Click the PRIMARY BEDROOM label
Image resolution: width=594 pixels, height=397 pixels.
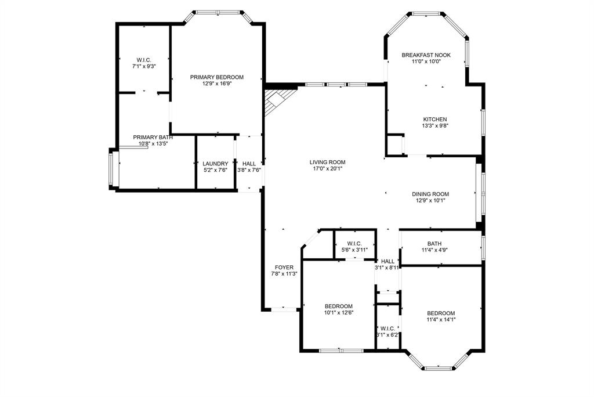tap(217, 77)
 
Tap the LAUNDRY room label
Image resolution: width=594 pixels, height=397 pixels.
tap(215, 164)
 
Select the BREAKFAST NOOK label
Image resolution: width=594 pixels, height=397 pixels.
tap(426, 55)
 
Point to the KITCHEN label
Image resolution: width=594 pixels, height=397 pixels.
tap(435, 120)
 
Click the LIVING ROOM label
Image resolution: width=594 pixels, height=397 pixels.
tap(328, 163)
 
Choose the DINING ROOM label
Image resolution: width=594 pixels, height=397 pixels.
tap(430, 194)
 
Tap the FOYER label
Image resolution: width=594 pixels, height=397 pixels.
tap(284, 268)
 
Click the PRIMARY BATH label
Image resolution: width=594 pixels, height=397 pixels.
tap(153, 137)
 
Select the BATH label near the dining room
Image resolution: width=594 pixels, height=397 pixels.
tap(434, 244)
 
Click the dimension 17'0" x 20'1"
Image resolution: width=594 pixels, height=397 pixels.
tap(328, 169)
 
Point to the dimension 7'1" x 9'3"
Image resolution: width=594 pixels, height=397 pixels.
tap(144, 66)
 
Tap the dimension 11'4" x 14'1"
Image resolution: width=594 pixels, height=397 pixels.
tap(441, 320)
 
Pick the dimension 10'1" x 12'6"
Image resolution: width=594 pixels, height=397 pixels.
tap(339, 313)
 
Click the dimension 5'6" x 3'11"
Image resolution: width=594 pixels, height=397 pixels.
tap(354, 250)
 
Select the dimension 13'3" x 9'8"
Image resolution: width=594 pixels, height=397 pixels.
tap(435, 126)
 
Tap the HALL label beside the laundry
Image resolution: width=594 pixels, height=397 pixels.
tap(249, 164)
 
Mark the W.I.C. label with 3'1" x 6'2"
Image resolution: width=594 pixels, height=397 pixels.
tap(387, 329)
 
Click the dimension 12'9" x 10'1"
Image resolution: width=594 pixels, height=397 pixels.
tap(430, 201)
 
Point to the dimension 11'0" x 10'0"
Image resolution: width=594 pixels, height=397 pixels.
tap(426, 62)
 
